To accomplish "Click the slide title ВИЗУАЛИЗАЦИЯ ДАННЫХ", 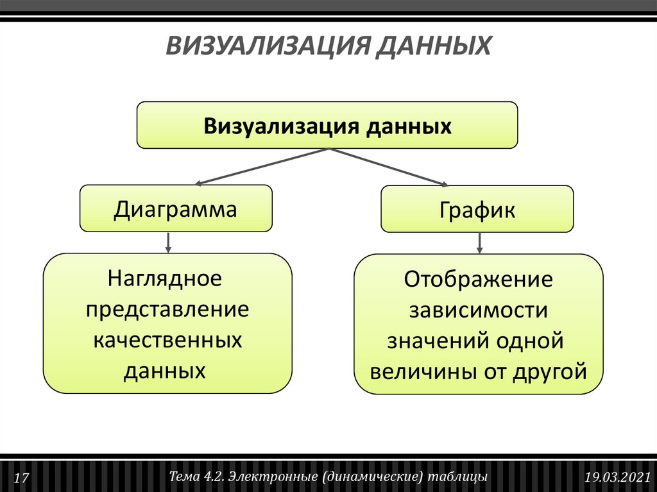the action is pos(328,47).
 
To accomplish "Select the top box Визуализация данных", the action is pos(327,125).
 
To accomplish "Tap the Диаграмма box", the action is pos(175,208).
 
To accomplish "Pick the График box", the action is pos(477,210).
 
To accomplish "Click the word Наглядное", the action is pos(165,279).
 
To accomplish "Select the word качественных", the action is pos(167,340).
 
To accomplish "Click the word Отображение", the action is pos(478,280).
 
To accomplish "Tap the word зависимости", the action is pos(478,310).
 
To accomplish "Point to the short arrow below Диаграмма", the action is pos(168,242).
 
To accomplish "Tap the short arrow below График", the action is pos(479,242).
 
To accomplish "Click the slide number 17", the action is pos(21,478).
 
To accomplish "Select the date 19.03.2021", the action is pos(618,478).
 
